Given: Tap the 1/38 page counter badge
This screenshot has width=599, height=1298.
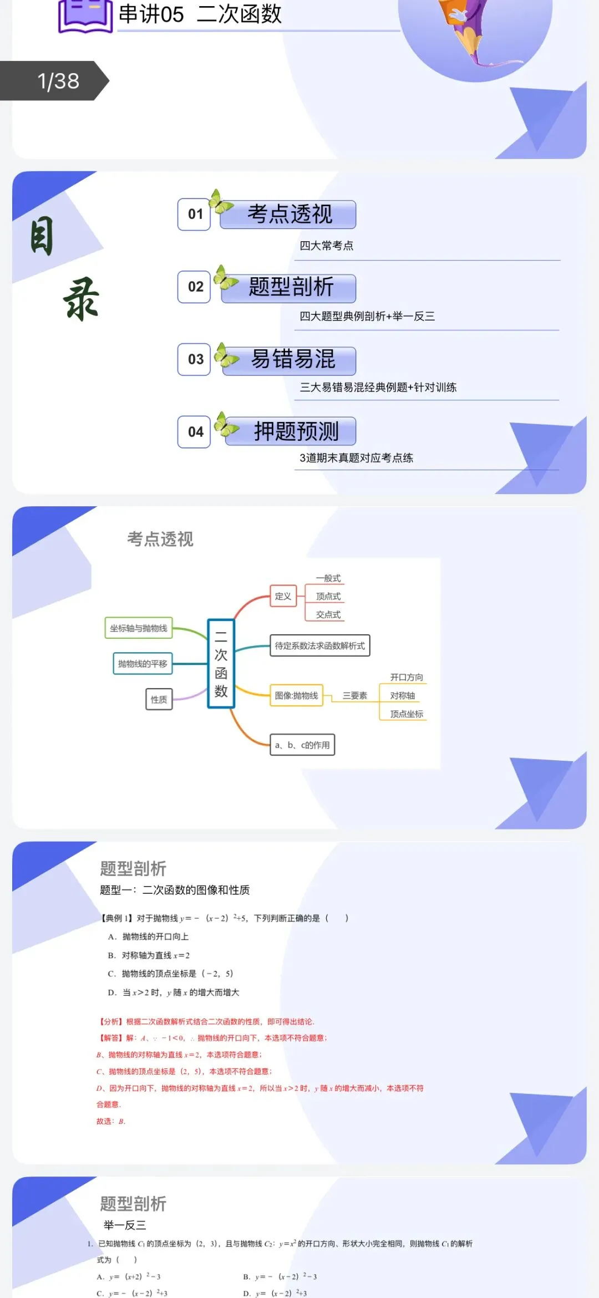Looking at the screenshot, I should tap(55, 81).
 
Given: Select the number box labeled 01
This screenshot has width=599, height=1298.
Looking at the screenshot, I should tap(194, 214).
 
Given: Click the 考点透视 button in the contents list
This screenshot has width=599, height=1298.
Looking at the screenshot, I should tap(288, 215).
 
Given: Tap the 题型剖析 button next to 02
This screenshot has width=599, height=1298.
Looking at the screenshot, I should tap(290, 287).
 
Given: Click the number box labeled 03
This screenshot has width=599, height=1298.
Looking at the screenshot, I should tap(194, 359).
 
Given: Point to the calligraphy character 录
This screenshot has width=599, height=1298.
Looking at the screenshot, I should tap(82, 299).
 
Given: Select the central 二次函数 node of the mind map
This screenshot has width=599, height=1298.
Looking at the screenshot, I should tap(221, 664).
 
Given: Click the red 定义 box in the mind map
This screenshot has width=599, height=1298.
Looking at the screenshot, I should tap(283, 596).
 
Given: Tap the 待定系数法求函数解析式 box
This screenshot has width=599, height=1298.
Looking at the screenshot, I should tap(319, 645).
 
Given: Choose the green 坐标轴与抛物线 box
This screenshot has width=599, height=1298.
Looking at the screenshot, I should tap(139, 628).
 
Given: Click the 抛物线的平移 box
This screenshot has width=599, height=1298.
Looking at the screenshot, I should tap(143, 664).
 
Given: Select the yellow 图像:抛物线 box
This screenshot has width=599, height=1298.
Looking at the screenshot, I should tap(296, 695).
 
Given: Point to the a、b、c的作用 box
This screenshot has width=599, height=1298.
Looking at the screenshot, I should tap(302, 745).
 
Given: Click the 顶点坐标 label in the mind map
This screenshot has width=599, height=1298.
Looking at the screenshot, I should tap(406, 714).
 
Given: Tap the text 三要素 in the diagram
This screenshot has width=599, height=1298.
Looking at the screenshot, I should tap(354, 695).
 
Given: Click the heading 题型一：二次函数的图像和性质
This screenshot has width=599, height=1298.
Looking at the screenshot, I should tap(175, 890).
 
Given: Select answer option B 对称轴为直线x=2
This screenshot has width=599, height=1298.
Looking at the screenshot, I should tap(149, 955).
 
